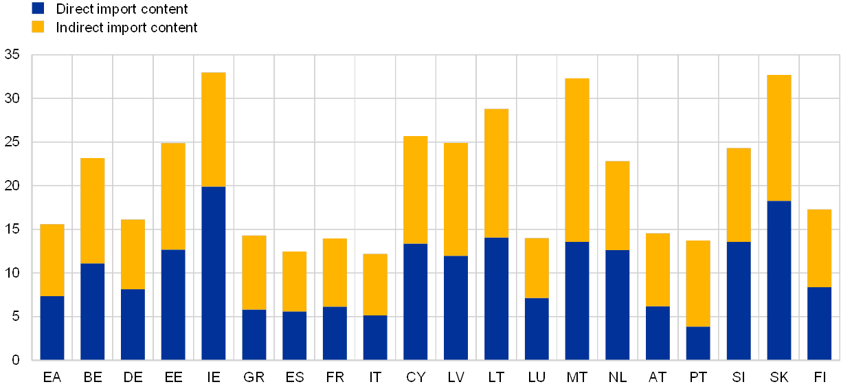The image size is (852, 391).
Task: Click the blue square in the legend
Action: point(38,8)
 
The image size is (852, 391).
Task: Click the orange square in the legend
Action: point(38,27)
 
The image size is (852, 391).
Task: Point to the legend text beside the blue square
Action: point(124,8)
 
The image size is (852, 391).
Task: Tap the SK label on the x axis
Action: point(779,377)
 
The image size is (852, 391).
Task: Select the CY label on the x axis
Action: point(416,377)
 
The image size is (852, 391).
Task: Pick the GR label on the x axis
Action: point(254,377)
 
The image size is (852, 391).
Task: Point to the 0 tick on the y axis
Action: point(15,360)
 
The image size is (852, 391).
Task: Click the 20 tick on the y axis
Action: point(12,186)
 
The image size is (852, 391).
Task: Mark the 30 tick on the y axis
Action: point(12,98)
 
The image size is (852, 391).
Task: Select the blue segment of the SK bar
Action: point(779,280)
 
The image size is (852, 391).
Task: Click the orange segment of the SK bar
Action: point(779,137)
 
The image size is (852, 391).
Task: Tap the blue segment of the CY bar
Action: point(416,302)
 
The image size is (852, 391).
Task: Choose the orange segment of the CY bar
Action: point(416,190)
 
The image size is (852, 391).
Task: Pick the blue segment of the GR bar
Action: point(254,335)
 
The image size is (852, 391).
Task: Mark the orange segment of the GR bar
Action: point(254,272)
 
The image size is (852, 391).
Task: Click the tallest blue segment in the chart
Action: point(214,273)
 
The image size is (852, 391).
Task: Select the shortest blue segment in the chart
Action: point(698,343)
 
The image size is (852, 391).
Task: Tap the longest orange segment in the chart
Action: point(577,160)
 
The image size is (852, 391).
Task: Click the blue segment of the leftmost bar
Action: point(52,328)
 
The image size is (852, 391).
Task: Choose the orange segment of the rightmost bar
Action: point(820,248)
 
